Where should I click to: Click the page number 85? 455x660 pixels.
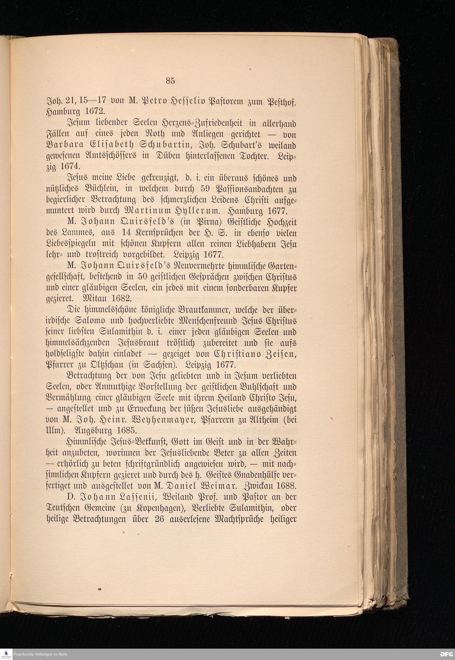(170, 81)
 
